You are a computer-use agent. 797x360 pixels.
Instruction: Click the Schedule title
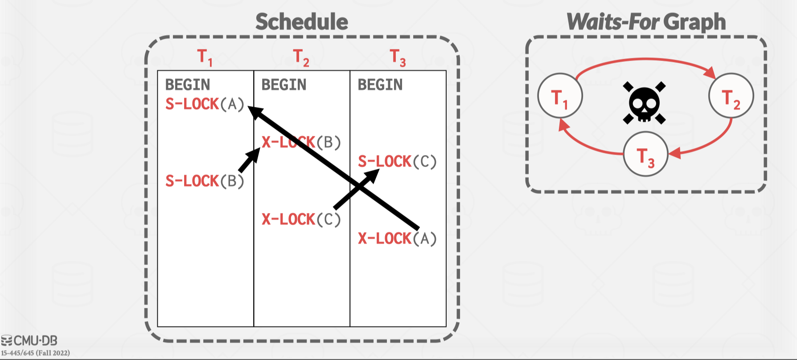pos(302,22)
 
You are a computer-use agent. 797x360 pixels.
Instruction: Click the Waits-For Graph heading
pos(646,22)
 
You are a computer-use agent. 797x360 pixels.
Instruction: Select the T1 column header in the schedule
pos(205,57)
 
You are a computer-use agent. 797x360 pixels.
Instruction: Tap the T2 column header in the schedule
pos(301,57)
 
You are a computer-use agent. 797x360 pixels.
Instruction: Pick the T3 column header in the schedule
pos(398,57)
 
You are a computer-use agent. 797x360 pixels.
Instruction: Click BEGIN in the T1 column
pos(188,85)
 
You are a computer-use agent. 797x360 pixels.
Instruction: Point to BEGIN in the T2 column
pos(284,85)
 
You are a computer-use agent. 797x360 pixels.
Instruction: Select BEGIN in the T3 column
pos(380,85)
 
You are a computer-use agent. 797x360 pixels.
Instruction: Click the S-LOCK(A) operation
pos(205,104)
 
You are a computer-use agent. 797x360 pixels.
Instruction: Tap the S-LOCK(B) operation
pos(205,181)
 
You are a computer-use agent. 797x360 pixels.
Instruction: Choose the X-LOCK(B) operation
pos(301,143)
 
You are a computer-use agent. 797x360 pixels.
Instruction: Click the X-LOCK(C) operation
pos(301,220)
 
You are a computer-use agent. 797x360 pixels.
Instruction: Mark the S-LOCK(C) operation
pos(397,162)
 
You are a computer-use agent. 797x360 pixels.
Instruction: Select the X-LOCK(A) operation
pos(397,239)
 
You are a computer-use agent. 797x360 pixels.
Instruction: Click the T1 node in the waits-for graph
pos(560,96)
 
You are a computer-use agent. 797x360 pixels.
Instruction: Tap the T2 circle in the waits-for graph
pos(731,96)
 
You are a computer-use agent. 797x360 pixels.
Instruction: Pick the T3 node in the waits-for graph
pos(645,154)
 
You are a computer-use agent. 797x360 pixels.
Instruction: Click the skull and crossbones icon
pos(645,103)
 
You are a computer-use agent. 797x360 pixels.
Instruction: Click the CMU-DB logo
pos(29,341)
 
